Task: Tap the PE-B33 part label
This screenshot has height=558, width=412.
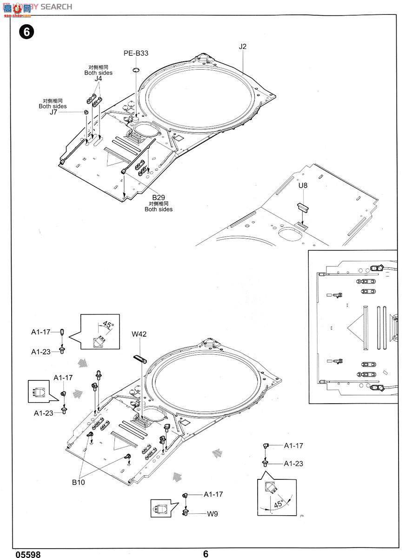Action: (136, 53)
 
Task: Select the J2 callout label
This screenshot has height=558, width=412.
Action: (242, 46)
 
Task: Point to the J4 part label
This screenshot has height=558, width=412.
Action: (98, 79)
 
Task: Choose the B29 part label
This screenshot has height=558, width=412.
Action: (158, 197)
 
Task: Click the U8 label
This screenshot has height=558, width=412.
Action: (303, 185)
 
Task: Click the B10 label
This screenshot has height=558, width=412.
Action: (78, 482)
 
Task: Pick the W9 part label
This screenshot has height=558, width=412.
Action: (213, 514)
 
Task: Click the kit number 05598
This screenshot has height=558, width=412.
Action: (28, 554)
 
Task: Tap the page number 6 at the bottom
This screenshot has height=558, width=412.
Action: (206, 554)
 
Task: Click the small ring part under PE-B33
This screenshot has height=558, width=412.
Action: (136, 70)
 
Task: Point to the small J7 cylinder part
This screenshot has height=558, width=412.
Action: (86, 113)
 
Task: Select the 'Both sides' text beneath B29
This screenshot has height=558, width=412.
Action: (158, 209)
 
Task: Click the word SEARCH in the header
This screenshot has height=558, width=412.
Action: (56, 7)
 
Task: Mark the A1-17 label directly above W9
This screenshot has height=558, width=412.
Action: (213, 494)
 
